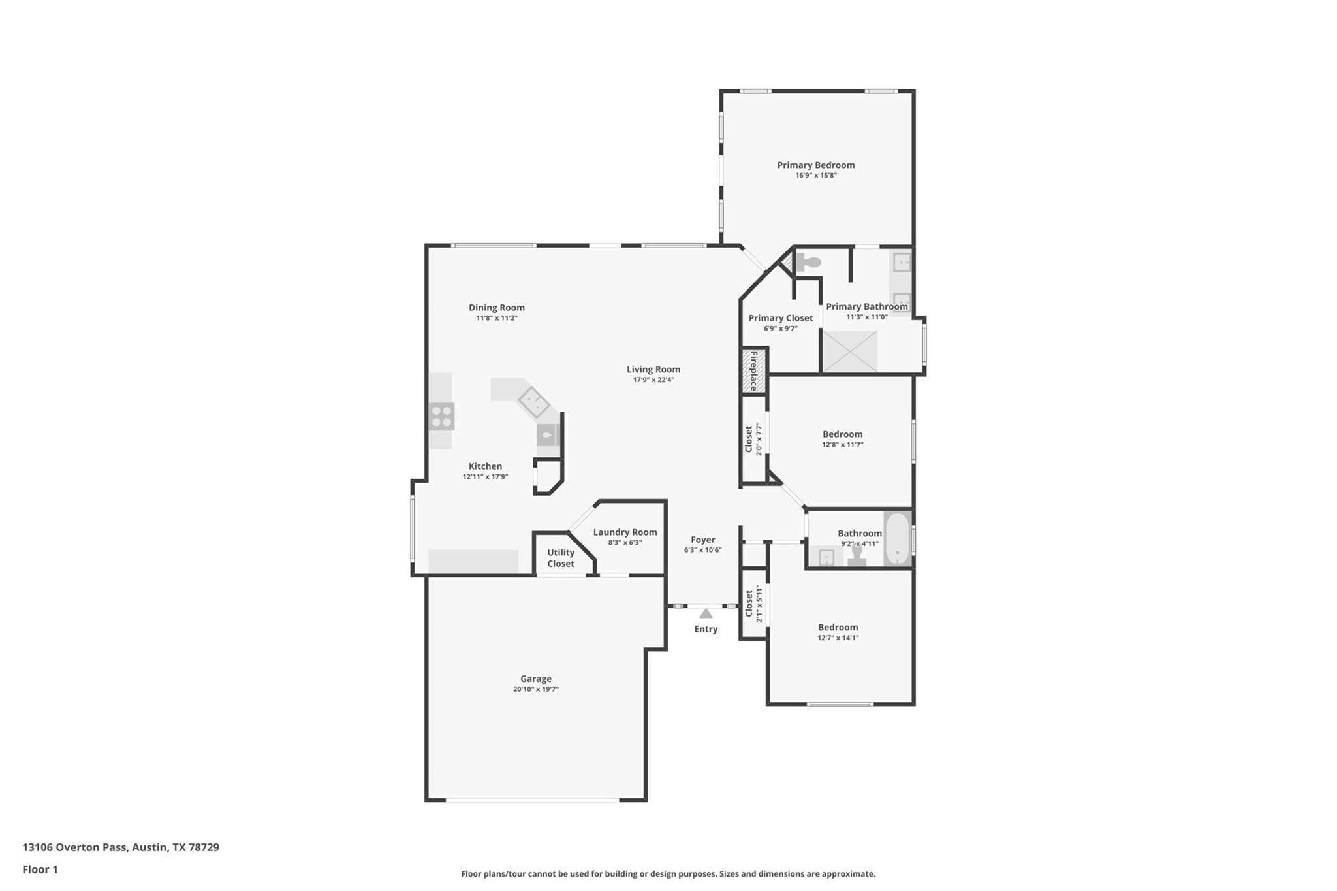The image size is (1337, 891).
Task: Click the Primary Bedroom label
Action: [x=815, y=165]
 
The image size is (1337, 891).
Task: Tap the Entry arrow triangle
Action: [x=706, y=613]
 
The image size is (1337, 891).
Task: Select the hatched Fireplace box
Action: [x=753, y=371]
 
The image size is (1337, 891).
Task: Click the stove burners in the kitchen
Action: [x=442, y=417]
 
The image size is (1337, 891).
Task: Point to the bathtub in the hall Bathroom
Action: [x=898, y=539]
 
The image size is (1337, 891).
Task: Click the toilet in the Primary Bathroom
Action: [x=810, y=263]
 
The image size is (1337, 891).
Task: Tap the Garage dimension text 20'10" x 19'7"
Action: [x=535, y=689]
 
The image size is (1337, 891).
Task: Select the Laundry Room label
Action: [x=625, y=532]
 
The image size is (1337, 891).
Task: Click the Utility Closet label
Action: [x=561, y=558]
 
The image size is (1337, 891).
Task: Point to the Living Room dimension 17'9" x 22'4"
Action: [x=653, y=380]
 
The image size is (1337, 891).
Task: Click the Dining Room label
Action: [x=496, y=308]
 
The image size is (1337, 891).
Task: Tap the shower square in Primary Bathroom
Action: [x=849, y=351]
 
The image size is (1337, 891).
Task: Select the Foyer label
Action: [x=703, y=540]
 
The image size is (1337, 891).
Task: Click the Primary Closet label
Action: [x=780, y=318]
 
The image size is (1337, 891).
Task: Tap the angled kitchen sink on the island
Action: [x=534, y=402]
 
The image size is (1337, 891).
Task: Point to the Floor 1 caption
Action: [x=40, y=869]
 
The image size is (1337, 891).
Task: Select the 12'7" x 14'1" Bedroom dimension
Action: [x=838, y=638]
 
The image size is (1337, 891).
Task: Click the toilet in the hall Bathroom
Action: [x=857, y=555]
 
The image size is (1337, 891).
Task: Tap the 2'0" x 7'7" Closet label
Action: [x=753, y=439]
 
